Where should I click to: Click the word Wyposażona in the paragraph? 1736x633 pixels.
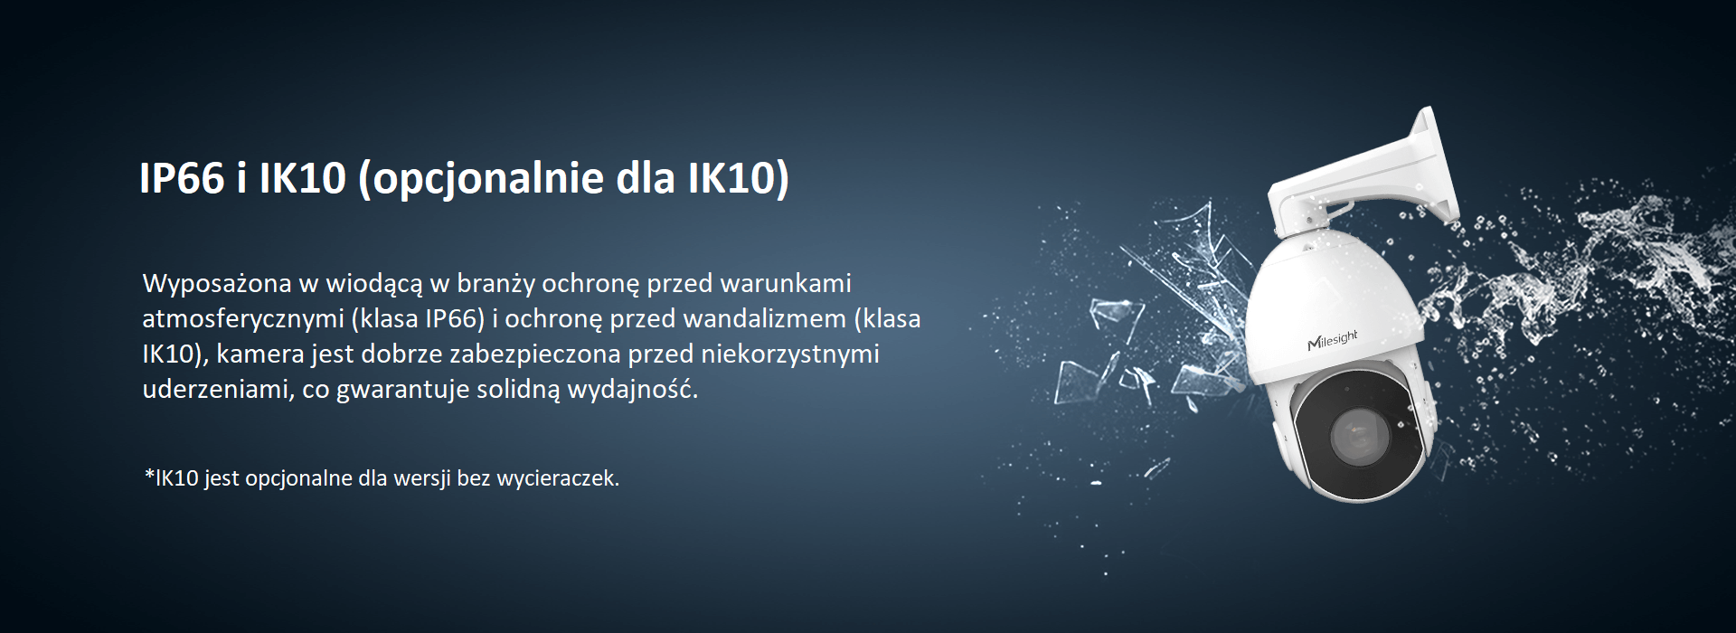point(217,284)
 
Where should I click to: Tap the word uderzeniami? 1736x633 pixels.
point(212,390)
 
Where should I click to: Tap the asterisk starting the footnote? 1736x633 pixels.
point(149,474)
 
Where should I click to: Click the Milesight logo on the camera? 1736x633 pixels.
point(1333,341)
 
